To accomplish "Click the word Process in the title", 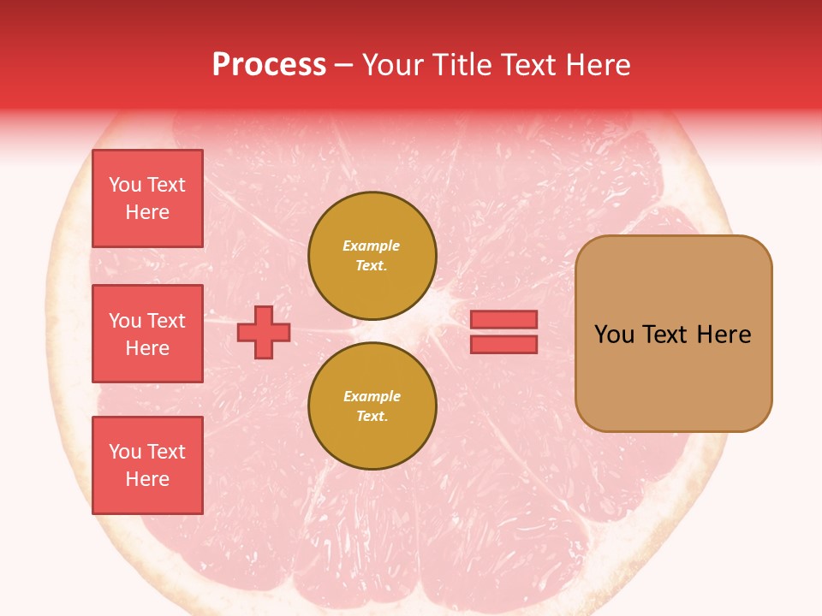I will (x=269, y=65).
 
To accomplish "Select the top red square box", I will (x=147, y=198).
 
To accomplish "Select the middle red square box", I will (x=147, y=334).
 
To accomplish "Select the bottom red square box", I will (x=147, y=465).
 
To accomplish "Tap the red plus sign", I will (x=263, y=332).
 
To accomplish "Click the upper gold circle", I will (x=372, y=255).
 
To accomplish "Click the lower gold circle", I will (x=372, y=406).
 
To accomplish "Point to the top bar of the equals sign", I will (x=503, y=319).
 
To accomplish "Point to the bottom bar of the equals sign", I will (x=503, y=345).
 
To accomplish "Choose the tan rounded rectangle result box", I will (x=673, y=334).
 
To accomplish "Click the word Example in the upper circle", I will (x=371, y=246).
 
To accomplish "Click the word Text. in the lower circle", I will (x=372, y=416).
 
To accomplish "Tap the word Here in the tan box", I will (x=724, y=335).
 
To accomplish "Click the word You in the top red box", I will (x=125, y=185).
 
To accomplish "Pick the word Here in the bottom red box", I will (x=147, y=479).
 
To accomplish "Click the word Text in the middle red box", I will (x=166, y=321).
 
